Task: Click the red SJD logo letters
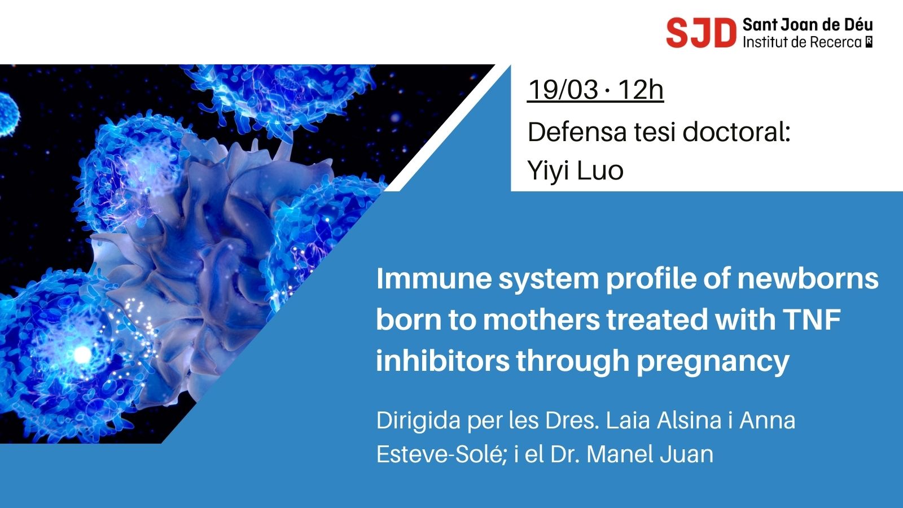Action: coord(701,33)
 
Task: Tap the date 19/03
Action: coord(563,90)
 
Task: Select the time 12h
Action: coord(641,90)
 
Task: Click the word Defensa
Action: coord(577,132)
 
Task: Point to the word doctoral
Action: coord(737,132)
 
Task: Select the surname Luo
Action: coord(599,170)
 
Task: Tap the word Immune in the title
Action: coord(434,279)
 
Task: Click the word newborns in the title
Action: coord(808,279)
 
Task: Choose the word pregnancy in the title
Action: coord(713,362)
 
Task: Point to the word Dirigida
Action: coord(418,421)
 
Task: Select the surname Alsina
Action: coord(689,420)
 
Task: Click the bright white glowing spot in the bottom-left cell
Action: coord(82,354)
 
